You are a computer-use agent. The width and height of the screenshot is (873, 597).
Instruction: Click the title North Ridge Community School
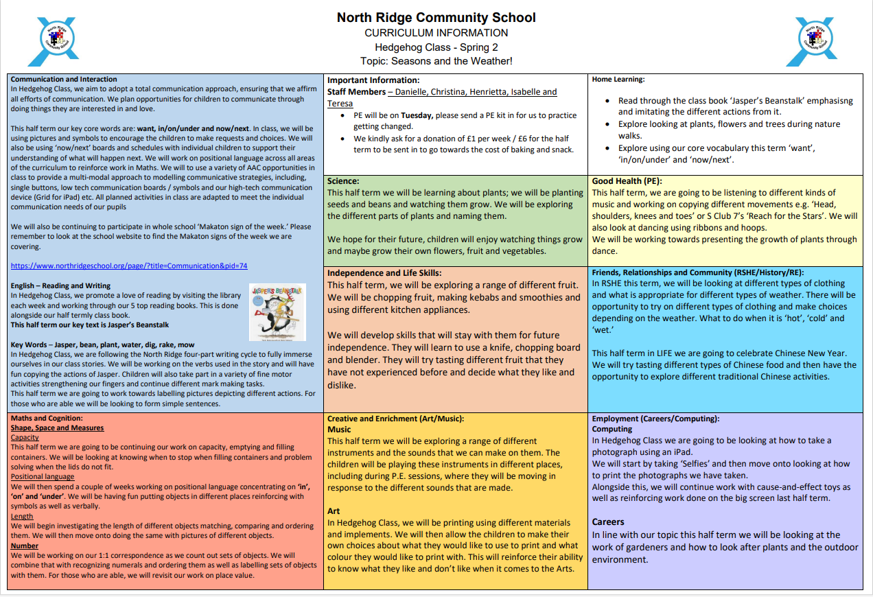(x=436, y=17)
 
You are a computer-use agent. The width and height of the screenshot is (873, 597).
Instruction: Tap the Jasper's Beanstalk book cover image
(x=277, y=312)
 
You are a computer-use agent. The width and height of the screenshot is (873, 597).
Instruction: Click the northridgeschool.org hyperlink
(x=129, y=266)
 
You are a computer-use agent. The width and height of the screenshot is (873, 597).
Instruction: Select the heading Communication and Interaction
(x=64, y=80)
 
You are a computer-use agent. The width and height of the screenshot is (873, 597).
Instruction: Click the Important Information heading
(x=373, y=80)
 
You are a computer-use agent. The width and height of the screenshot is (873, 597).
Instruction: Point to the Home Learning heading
(x=618, y=80)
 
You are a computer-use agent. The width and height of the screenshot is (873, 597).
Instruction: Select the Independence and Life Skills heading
(x=384, y=273)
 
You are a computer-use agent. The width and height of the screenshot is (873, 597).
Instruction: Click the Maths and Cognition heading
(x=47, y=418)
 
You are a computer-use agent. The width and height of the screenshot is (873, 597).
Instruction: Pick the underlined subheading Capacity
(x=25, y=437)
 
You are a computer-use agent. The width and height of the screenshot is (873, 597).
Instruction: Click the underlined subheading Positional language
(x=43, y=476)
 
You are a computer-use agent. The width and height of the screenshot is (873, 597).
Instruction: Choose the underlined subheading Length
(x=22, y=516)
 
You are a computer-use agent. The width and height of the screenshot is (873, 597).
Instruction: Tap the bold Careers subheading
(x=608, y=522)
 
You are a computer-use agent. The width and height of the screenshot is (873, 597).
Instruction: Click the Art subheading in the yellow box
(x=334, y=511)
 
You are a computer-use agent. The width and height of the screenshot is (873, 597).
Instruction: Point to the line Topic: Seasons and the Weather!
(x=436, y=61)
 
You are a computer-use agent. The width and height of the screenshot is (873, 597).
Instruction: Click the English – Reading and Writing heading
(x=60, y=285)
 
